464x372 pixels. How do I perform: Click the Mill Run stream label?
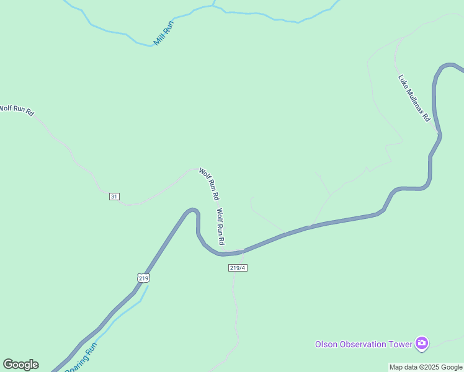[164, 33]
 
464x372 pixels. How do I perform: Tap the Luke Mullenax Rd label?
[414, 98]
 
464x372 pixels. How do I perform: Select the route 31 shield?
[114, 197]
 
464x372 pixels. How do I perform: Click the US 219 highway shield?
[143, 278]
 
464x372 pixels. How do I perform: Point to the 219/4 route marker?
[238, 267]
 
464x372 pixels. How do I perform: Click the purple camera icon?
[422, 343]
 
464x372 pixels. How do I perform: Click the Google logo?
[20, 365]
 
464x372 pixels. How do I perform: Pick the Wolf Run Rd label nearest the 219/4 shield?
[220, 226]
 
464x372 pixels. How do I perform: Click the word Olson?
[326, 344]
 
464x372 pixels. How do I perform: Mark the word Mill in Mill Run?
[159, 40]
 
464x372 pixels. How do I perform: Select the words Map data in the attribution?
[404, 367]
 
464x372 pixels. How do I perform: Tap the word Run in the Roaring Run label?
[91, 350]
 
